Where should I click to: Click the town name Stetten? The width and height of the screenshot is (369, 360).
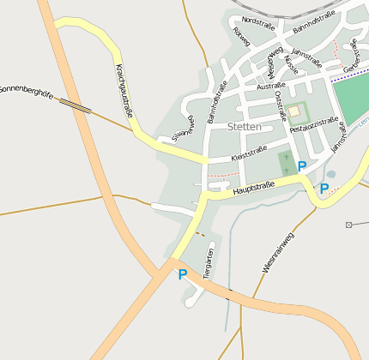click(245, 126)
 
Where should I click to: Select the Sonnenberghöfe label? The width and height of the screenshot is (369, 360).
click(26, 88)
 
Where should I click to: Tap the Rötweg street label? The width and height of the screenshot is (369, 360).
click(241, 36)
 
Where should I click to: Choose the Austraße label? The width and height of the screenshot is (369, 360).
click(271, 86)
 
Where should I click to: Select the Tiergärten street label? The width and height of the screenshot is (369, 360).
click(208, 259)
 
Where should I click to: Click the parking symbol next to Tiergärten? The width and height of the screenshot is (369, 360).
click(182, 274)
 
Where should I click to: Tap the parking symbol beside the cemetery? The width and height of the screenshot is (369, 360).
click(301, 165)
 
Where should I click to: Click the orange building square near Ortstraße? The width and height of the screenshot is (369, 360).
click(294, 111)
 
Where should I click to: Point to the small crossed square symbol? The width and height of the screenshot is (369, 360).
click(349, 225)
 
